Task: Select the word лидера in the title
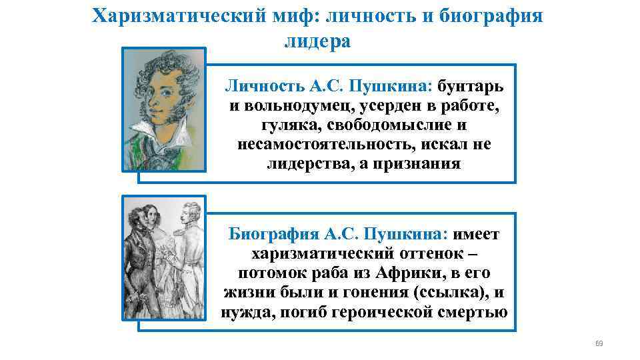point(317,41)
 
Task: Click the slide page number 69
point(598,343)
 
